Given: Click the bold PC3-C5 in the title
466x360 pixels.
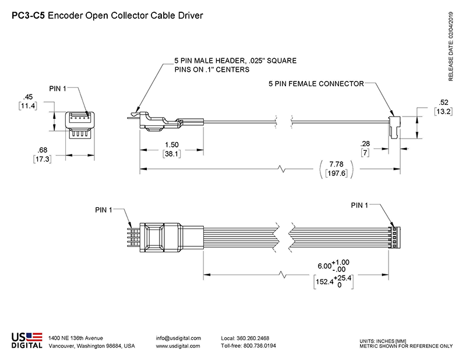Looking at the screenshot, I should pos(27,16).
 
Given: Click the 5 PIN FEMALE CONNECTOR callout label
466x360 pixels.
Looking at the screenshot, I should pos(316,84).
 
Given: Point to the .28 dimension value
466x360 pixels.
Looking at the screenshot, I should pos(366,143).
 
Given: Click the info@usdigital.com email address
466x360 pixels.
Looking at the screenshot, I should pos(178,338).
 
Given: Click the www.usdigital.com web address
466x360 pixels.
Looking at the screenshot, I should pos(178,346).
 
